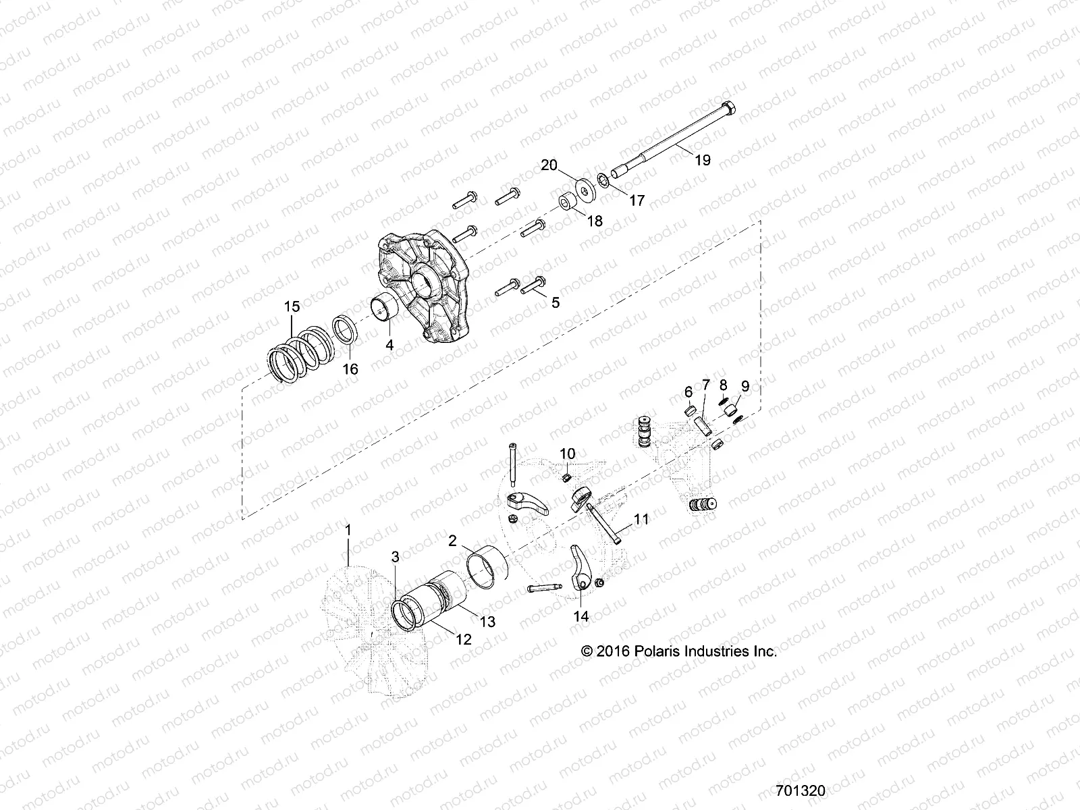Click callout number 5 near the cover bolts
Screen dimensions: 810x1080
point(556,302)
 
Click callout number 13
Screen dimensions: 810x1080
point(487,621)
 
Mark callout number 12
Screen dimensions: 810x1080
point(463,639)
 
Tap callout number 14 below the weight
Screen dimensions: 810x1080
point(581,616)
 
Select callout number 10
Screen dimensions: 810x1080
point(567,452)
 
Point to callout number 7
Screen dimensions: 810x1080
point(706,385)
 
